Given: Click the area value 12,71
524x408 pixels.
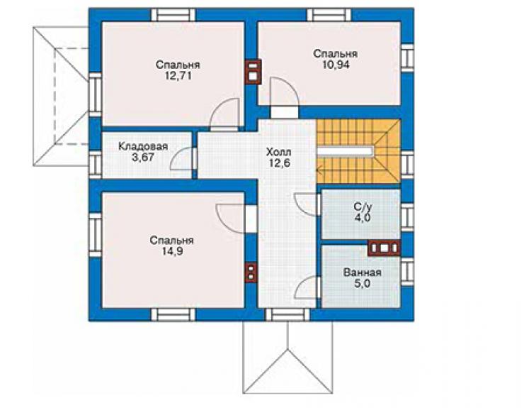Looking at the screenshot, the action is [x=178, y=76].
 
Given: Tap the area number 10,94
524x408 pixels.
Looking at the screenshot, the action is [x=336, y=65].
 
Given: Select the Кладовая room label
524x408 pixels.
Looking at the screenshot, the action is [x=143, y=146].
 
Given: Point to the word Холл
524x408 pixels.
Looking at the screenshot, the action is [x=279, y=153].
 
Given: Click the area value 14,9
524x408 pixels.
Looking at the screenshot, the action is [x=172, y=252].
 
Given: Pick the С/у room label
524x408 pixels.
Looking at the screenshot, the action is [x=363, y=206].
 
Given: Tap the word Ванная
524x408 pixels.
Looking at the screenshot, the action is [x=363, y=272].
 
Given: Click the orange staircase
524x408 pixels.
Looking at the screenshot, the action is [x=358, y=151].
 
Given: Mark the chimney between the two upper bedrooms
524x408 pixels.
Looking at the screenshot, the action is [x=253, y=72].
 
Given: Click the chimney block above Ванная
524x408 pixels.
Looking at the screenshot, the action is [x=384, y=248].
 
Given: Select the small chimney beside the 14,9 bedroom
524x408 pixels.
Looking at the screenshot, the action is [x=251, y=272].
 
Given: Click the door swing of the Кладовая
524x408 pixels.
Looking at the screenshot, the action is [x=181, y=158].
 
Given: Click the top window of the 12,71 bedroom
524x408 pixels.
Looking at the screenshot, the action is [x=173, y=16].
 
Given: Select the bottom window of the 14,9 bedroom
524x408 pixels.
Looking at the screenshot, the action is [x=173, y=315].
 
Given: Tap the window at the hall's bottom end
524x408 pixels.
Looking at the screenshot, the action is [x=287, y=315].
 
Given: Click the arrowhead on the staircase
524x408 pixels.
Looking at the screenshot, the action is [x=319, y=172].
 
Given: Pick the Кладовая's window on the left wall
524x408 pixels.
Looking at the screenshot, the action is [x=96, y=164].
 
